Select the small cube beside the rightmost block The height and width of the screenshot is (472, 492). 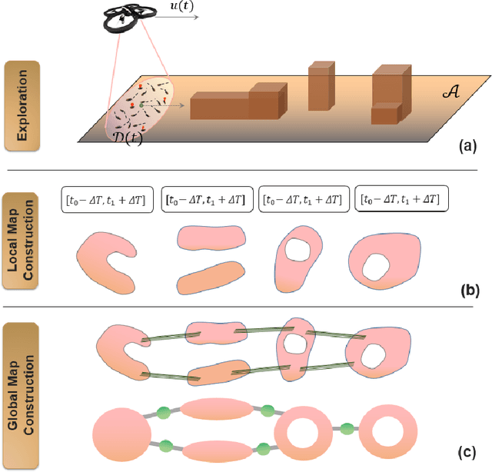point(384,115)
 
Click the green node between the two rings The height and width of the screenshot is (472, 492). point(347,427)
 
